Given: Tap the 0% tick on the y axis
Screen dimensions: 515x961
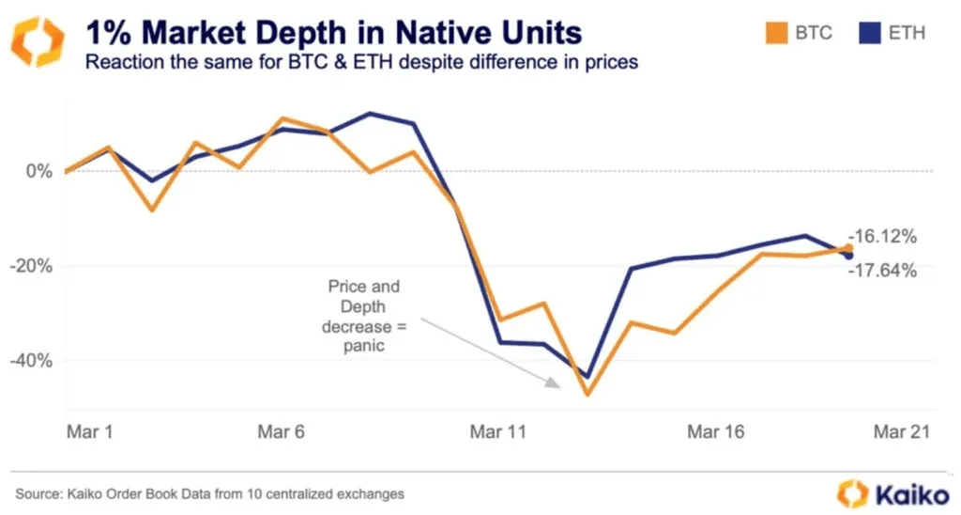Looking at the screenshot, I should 39,172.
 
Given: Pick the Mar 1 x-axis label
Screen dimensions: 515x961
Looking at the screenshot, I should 90,432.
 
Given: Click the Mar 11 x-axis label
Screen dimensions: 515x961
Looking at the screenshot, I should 498,432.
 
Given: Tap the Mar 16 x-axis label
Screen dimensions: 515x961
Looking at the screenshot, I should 716,432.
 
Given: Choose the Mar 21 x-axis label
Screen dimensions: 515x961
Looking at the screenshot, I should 902,432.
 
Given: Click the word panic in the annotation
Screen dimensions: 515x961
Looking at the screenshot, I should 362,347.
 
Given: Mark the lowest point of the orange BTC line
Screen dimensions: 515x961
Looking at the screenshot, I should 587,394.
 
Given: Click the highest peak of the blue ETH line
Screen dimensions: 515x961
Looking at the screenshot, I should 370,114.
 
